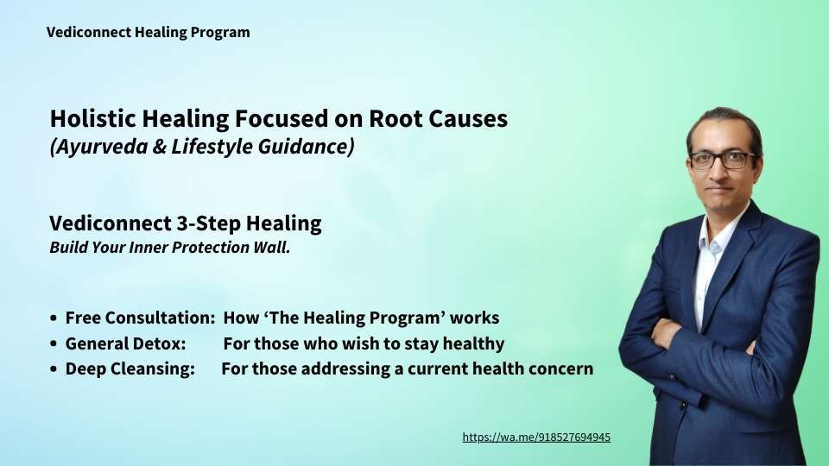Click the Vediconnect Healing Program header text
(x=148, y=33)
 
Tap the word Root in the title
(x=395, y=118)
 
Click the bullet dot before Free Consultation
(x=54, y=318)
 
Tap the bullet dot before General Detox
(x=54, y=344)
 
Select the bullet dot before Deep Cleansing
(x=54, y=368)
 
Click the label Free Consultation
(x=140, y=318)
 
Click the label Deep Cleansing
(x=130, y=368)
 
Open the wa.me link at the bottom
(x=536, y=438)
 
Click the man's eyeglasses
(x=722, y=161)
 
